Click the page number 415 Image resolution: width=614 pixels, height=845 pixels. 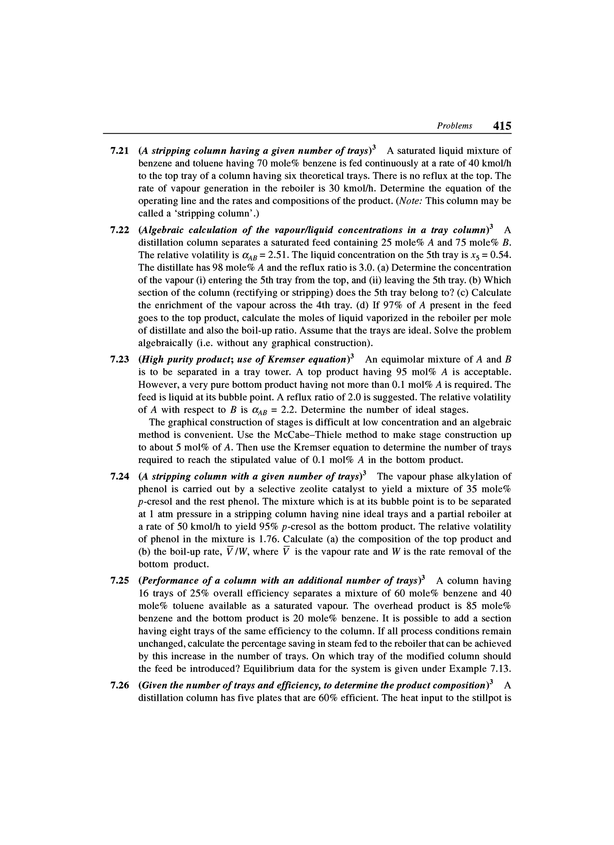(x=502, y=126)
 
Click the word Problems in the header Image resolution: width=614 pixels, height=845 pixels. (x=454, y=126)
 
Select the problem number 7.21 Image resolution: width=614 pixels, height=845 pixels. (x=120, y=151)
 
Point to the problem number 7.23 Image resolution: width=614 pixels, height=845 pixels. (x=120, y=360)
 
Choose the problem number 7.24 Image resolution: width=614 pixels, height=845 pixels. (x=120, y=477)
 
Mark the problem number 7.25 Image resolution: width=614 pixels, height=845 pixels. (x=120, y=581)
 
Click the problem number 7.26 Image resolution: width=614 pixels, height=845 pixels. (x=120, y=685)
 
